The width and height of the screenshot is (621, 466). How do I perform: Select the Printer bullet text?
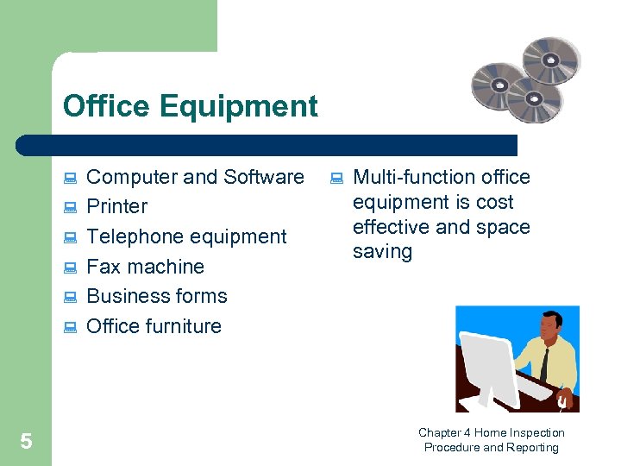(117, 206)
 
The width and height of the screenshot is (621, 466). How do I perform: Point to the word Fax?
(103, 267)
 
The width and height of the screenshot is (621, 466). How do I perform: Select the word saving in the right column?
(382, 252)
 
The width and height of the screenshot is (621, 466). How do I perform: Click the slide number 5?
(26, 442)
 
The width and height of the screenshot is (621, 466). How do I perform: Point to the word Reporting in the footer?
(533, 447)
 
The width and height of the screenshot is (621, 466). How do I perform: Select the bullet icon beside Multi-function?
(336, 179)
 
